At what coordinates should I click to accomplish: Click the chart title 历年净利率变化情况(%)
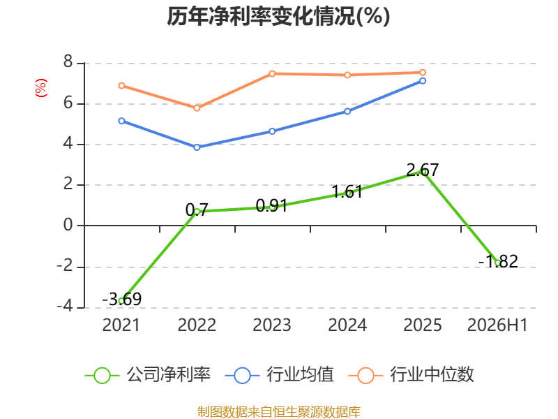tap(278, 16)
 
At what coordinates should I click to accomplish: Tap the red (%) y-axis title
tap(41, 88)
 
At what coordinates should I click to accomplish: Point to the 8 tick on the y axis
tap(68, 62)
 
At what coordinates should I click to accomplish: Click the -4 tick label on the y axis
tap(65, 306)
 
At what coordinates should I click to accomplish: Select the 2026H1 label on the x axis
tap(497, 325)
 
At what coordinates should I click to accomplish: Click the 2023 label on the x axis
tap(272, 325)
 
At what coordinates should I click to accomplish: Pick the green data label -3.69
tap(121, 299)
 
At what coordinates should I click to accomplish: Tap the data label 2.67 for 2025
tap(423, 170)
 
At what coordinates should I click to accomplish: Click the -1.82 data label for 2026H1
tap(498, 261)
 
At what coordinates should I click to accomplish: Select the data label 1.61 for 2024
tap(347, 191)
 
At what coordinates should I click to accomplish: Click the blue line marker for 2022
tap(197, 147)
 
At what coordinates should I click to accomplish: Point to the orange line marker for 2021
tap(121, 85)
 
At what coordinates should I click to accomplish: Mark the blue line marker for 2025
tap(423, 81)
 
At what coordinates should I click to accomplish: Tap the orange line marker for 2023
tap(272, 74)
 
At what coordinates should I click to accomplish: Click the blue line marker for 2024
tap(347, 112)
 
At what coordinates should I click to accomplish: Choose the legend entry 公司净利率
tap(148, 375)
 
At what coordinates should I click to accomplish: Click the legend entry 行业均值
tap(280, 375)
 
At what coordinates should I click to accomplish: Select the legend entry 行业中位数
tap(412, 375)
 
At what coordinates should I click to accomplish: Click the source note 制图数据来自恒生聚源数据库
tap(279, 412)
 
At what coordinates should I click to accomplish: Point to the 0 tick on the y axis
tap(68, 225)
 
